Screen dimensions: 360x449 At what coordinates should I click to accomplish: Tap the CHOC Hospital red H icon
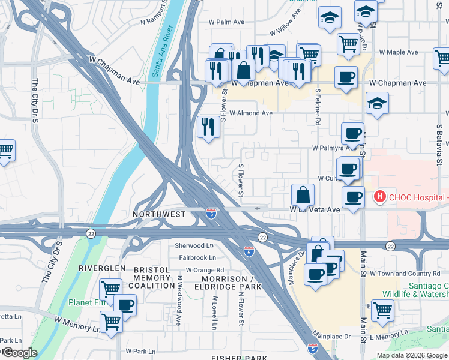(x=379, y=196)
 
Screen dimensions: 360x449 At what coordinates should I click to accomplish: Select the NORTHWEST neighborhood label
(x=159, y=214)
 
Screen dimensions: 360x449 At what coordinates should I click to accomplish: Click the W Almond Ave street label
(x=249, y=113)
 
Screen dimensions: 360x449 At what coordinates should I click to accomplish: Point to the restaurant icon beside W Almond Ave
(x=208, y=127)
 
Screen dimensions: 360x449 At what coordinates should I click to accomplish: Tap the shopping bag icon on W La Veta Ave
(x=303, y=195)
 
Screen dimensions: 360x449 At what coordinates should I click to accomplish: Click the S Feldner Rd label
(x=317, y=107)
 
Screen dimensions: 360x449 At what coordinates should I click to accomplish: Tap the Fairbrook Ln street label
(x=196, y=257)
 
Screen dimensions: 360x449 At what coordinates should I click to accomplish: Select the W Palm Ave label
(x=226, y=22)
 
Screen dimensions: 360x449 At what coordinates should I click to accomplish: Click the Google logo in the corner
(x=19, y=353)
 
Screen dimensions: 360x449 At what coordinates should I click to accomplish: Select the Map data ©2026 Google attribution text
(x=411, y=355)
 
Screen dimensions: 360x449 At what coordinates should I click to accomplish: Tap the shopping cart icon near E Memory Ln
(x=382, y=311)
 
